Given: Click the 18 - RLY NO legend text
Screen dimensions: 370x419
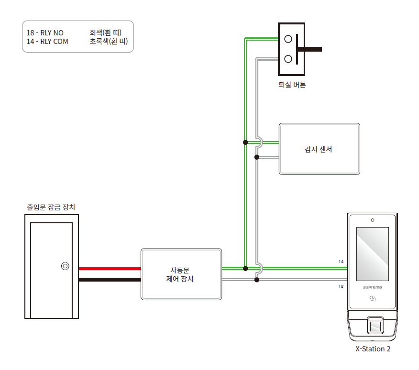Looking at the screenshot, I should (45, 33).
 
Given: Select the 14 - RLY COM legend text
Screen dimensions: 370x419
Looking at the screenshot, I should (47, 42).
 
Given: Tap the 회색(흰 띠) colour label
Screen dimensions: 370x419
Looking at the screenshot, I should (105, 33).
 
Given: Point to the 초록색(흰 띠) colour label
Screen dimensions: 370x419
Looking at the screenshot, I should (108, 42).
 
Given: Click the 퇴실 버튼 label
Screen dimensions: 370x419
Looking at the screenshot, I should (292, 85).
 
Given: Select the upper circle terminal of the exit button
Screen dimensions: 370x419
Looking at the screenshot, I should (288, 39).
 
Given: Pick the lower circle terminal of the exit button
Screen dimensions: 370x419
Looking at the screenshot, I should (288, 59).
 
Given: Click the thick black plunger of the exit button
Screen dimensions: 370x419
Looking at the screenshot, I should (311, 49).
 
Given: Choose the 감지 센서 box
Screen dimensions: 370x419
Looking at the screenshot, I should (319, 149).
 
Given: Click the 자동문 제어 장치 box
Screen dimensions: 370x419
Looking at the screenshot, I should (181, 274).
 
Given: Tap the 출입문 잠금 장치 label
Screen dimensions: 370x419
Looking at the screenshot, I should (51, 207).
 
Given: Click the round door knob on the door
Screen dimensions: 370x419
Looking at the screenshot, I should (65, 266).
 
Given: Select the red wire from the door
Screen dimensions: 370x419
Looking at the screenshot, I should (110, 269).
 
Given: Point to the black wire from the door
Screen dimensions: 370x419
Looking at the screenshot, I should (110, 280).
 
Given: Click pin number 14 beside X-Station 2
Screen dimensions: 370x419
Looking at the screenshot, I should (341, 261).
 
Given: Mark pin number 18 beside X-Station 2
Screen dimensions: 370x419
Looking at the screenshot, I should (341, 286).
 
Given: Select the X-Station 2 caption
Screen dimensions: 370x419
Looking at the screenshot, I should (373, 349).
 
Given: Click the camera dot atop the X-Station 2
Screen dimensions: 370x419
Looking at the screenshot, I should (372, 220).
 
